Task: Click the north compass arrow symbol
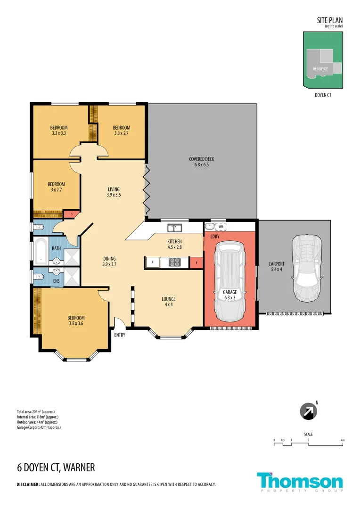coord(309,411)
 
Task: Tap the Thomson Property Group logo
coord(300,482)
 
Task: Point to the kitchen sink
coord(175,229)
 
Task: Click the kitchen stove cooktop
coord(174,263)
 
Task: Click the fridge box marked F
coord(152,263)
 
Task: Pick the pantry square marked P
coord(196,263)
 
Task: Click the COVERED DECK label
coord(202,162)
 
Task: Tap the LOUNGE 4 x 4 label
coord(168,302)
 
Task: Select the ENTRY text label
coord(119,335)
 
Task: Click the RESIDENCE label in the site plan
coord(320,69)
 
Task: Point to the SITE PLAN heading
coord(330,20)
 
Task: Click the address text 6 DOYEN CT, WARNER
coord(56,468)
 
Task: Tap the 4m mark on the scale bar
coord(343,440)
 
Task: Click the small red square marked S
coord(71,214)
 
